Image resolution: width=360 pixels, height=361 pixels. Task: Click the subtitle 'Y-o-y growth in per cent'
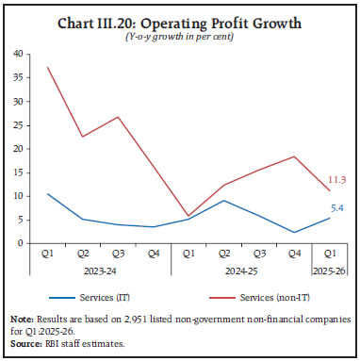pyautogui.click(x=180, y=37)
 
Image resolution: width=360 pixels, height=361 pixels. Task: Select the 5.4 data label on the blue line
pyautogui.click(x=336, y=210)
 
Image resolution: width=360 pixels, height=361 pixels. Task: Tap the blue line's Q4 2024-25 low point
pyautogui.click(x=293, y=232)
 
